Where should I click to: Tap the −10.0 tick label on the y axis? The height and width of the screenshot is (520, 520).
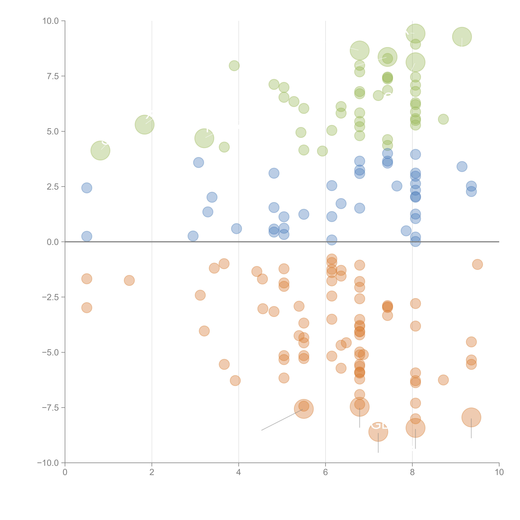coord(48,463)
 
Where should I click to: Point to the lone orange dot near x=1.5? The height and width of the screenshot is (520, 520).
coord(129,280)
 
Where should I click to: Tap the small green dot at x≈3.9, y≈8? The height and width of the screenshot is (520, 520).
coord(234,65)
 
